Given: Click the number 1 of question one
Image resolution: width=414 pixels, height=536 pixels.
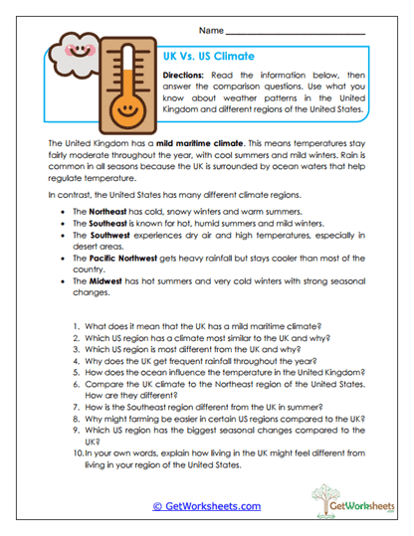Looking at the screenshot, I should click(x=76, y=353).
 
